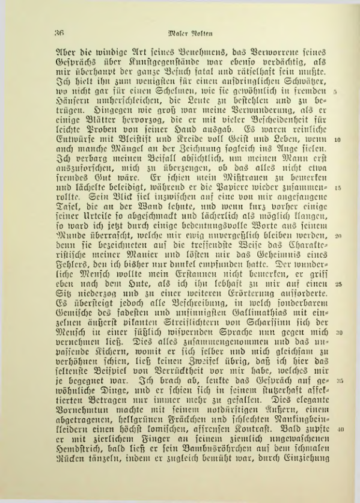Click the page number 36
(58, 32)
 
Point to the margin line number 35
(338, 380)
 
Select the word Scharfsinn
(278, 323)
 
